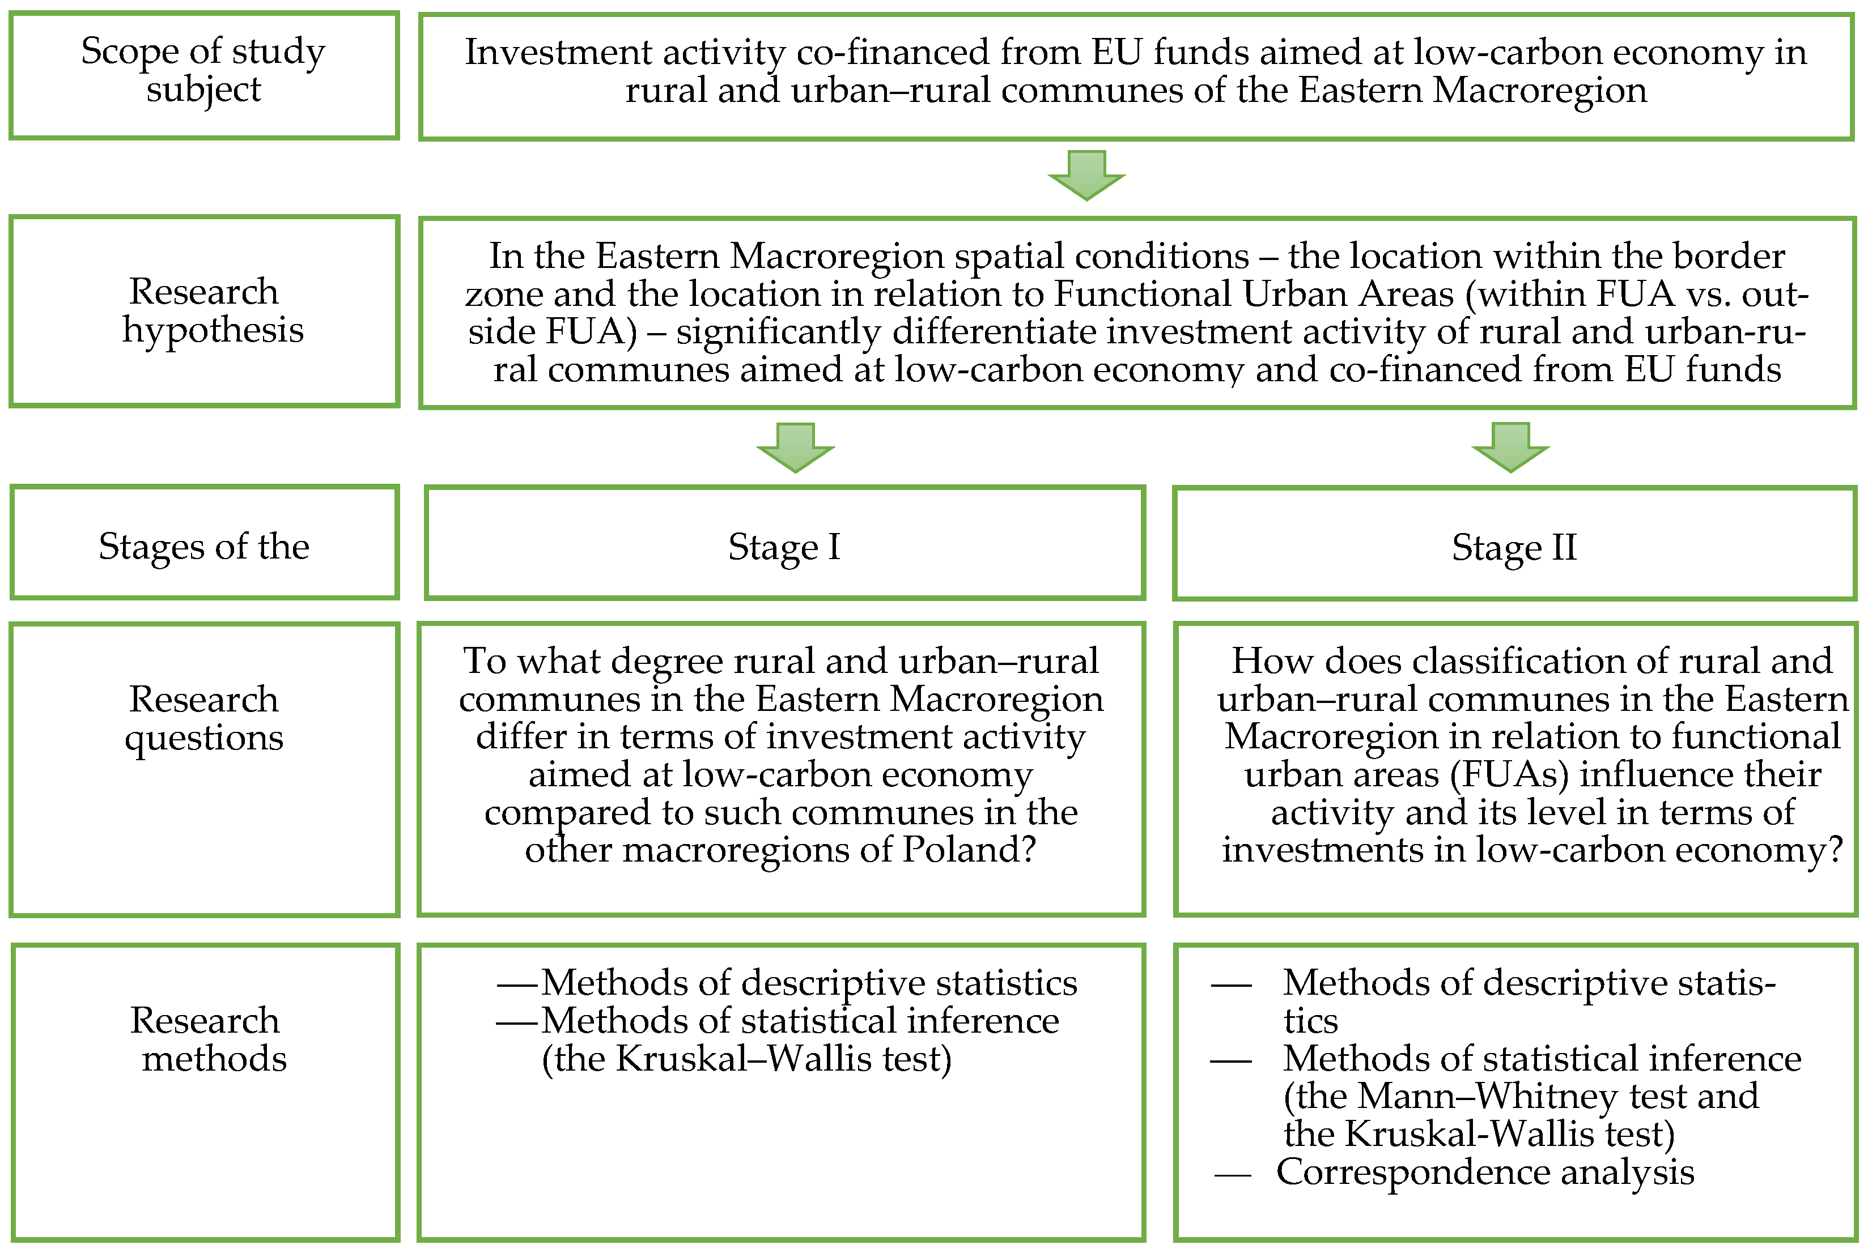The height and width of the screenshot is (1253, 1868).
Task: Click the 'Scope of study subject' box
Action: click(204, 75)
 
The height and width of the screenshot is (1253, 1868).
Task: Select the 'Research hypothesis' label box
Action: click(204, 311)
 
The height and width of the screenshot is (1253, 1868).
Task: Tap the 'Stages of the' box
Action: click(204, 542)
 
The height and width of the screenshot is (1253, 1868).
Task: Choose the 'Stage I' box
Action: click(784, 543)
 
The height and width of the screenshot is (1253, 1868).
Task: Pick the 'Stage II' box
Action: click(1514, 543)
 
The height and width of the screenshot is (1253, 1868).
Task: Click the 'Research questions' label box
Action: click(204, 770)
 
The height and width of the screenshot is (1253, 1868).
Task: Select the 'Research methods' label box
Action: click(204, 1092)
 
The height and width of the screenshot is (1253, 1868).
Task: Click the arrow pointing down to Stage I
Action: click(795, 447)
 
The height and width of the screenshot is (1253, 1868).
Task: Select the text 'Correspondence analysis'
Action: click(1485, 1173)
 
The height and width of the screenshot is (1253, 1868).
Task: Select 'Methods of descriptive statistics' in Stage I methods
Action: click(809, 983)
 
